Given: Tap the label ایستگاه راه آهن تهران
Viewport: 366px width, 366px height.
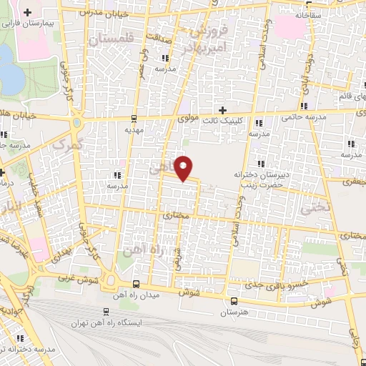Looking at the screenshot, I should (107, 323).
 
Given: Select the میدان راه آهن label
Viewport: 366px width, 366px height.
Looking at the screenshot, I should (140, 294).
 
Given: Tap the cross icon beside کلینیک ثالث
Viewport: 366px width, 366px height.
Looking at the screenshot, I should (222, 110).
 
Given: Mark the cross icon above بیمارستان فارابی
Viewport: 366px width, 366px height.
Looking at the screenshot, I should (27, 12).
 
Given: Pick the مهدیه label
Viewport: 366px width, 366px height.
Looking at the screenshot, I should (134, 131).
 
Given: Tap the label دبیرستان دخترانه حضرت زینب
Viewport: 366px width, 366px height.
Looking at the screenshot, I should (259, 179).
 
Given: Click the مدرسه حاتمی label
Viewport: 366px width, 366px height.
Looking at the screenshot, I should (304, 117).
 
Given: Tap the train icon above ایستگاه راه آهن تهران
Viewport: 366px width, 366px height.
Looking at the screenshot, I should (106, 312).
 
